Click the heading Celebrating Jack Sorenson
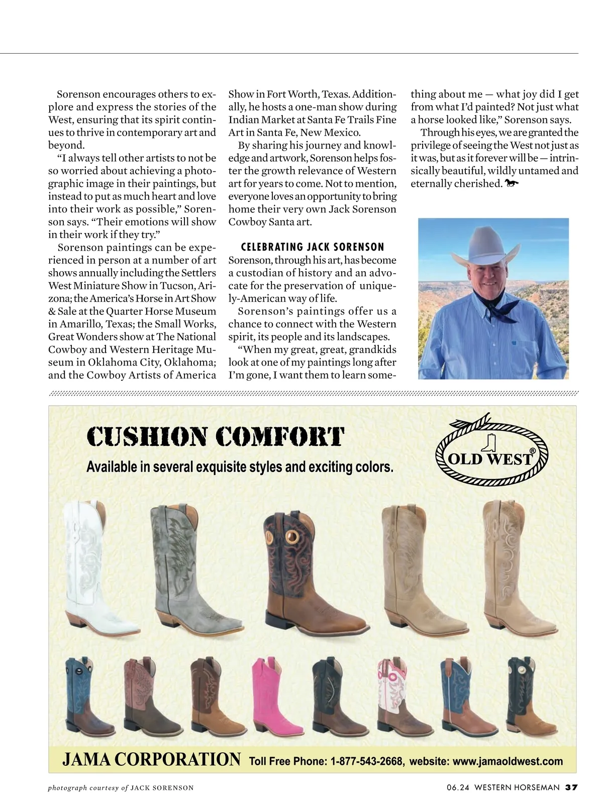click(313, 247)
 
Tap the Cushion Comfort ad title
click(216, 437)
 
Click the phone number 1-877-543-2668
click(366, 761)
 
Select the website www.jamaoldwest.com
click(508, 761)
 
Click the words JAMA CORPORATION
click(151, 760)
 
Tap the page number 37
click(571, 787)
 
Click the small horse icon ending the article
click(512, 184)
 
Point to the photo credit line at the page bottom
click(121, 788)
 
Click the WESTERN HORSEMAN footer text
click(517, 787)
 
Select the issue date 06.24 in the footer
click(457, 787)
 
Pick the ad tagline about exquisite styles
click(240, 467)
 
